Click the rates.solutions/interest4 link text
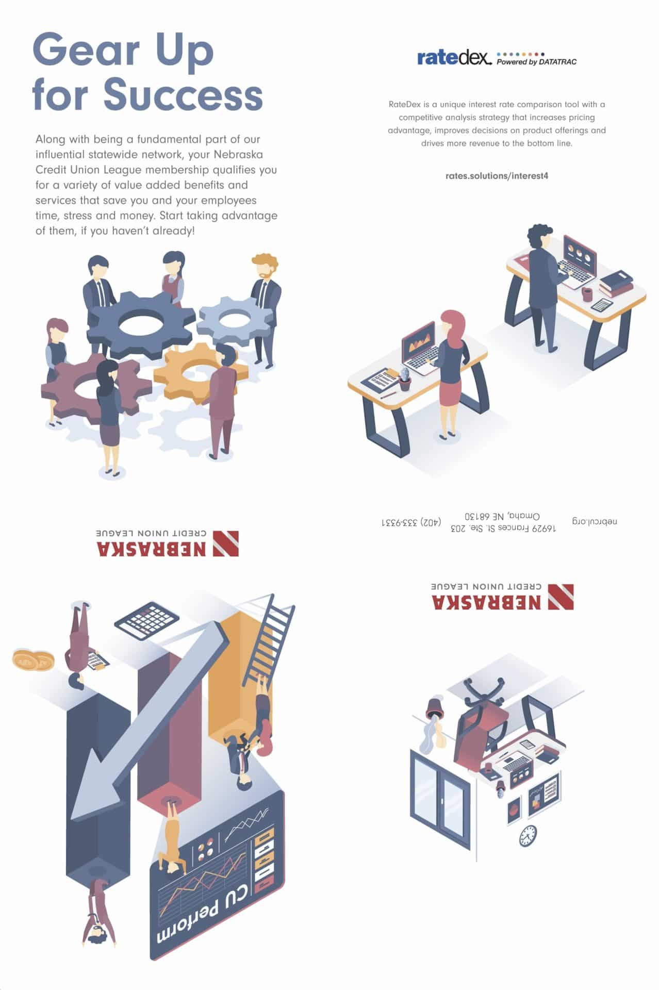(497, 176)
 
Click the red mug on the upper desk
(587, 294)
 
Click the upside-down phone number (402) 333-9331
(411, 522)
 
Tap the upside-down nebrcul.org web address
(595, 521)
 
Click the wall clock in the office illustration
(528, 835)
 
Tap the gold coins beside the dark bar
(32, 660)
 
